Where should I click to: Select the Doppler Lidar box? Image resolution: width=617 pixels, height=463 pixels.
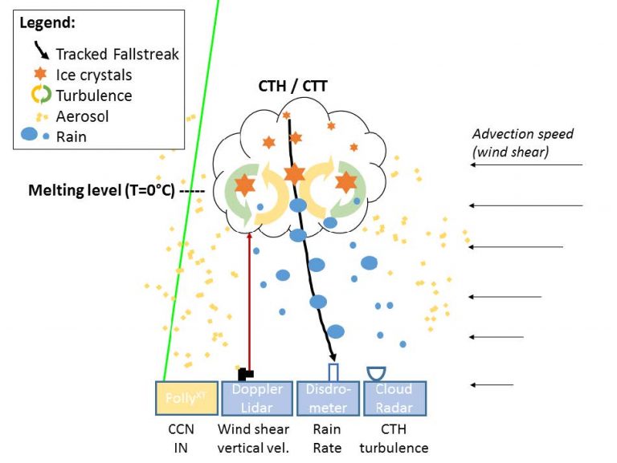pos(256,398)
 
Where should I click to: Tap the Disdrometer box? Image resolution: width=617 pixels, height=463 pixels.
pos(326,398)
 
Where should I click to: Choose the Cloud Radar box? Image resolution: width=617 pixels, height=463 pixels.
pos(394,398)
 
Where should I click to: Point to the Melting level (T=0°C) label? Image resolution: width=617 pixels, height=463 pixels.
pos(112,191)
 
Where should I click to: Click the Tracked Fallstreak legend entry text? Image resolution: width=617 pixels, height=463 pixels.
pos(117,54)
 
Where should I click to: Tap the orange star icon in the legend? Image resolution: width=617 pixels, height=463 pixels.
pos(34,75)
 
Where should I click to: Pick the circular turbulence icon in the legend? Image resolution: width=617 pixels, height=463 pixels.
pos(34,95)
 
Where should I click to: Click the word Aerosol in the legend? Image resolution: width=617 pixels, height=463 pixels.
pos(82,116)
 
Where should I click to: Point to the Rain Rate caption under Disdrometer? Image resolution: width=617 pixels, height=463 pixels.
pos(326,438)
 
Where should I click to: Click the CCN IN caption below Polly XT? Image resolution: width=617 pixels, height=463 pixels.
pos(185,438)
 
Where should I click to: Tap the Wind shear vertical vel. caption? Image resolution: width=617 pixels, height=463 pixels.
pos(255,438)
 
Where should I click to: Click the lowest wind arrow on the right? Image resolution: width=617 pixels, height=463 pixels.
pos(492,386)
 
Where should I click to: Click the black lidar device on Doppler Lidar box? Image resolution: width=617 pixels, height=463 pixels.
pos(246,374)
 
